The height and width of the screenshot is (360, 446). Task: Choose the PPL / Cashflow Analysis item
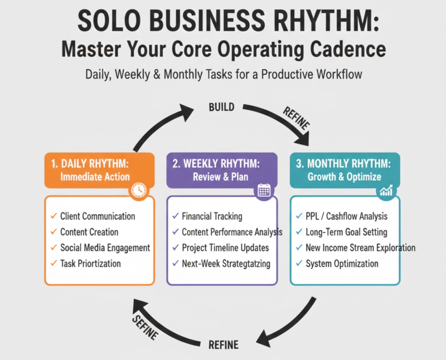pos(346,216)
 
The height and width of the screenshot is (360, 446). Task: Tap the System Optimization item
pos(342,264)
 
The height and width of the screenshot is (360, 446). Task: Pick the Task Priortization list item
pos(90,264)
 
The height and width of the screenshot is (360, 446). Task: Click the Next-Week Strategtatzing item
pos(226,264)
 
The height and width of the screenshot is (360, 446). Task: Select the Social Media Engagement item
pos(105,247)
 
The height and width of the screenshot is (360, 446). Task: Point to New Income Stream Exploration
pos(360,247)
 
